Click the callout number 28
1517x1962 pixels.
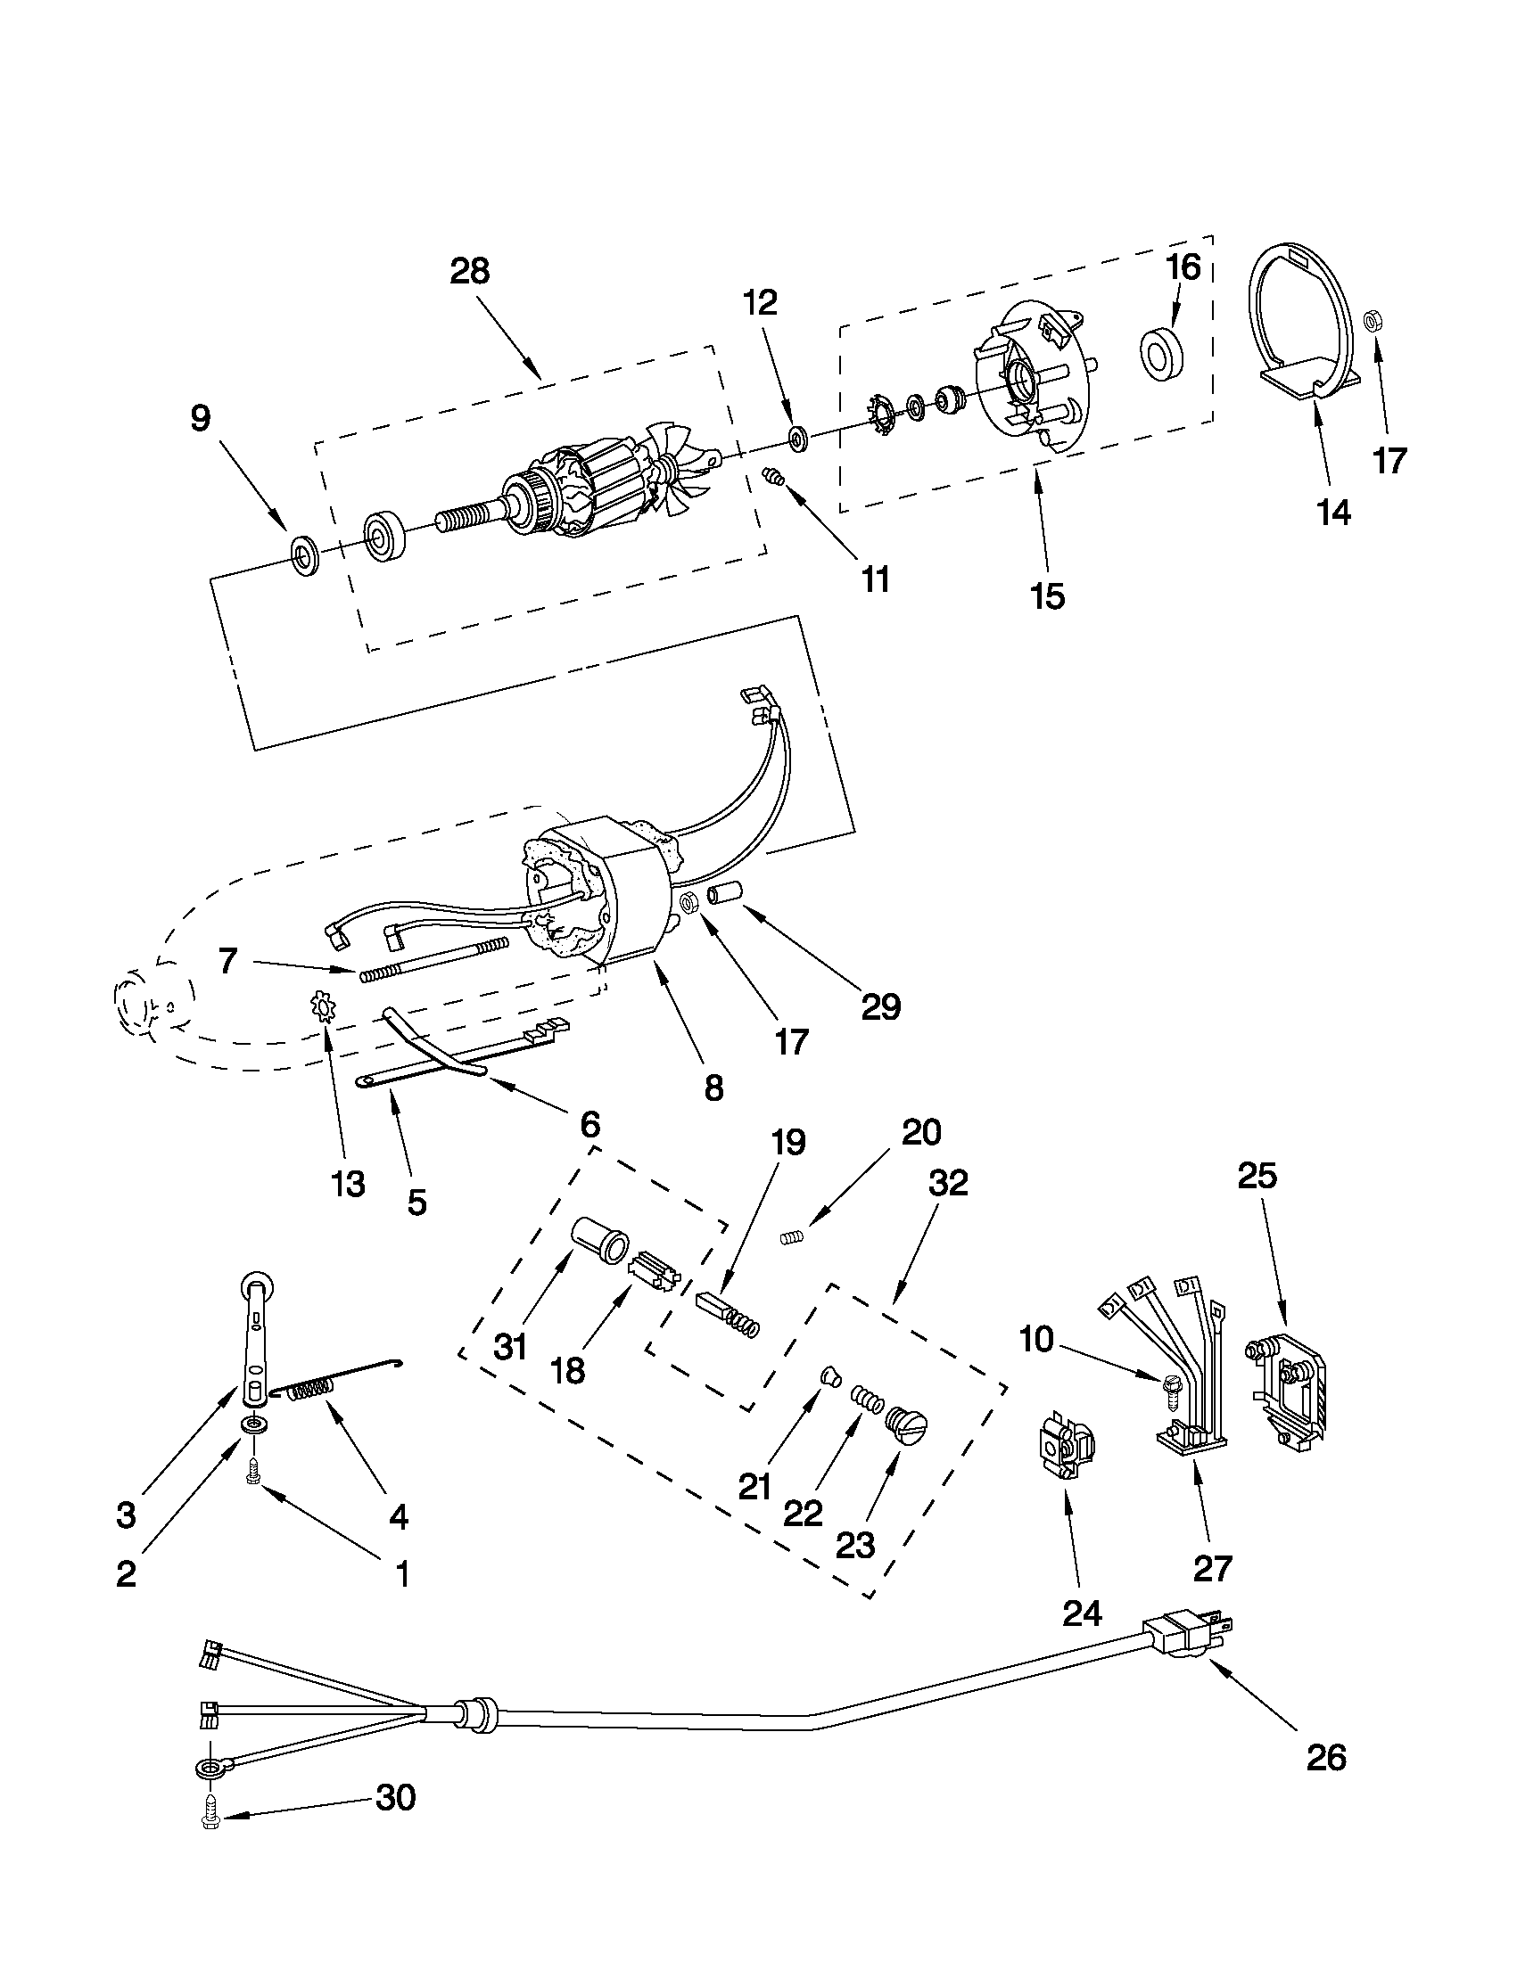pyautogui.click(x=469, y=270)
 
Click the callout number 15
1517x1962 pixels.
pyautogui.click(x=1048, y=595)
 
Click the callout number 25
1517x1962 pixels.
pyautogui.click(x=1257, y=1176)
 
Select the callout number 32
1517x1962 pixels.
pyautogui.click(x=948, y=1182)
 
